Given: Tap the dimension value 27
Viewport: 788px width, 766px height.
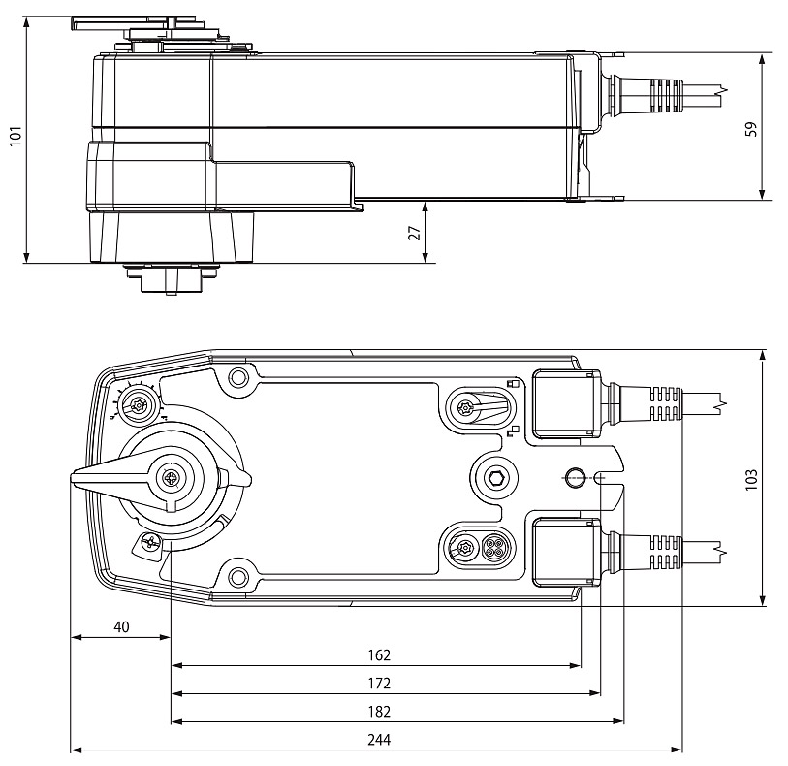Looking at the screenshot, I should click(414, 233).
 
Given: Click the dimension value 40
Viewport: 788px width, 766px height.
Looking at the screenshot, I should click(121, 626).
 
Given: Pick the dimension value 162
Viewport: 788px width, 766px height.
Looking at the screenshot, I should click(379, 655).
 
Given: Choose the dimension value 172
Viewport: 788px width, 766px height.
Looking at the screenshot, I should click(379, 683).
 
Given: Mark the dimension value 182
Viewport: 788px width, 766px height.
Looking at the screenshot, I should click(379, 711).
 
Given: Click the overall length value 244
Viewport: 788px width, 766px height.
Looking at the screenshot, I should click(379, 739).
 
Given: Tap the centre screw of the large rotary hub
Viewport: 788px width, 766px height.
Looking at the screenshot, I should click(173, 477).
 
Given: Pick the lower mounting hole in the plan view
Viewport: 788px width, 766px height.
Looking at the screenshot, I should click(236, 575).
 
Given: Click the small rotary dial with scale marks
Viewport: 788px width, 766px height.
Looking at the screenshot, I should click(139, 405).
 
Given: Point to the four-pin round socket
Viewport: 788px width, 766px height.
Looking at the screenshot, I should click(494, 548).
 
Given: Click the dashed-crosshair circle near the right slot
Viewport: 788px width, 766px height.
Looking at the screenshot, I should click(573, 477).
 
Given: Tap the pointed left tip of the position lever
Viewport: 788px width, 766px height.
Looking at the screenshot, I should click(75, 477).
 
